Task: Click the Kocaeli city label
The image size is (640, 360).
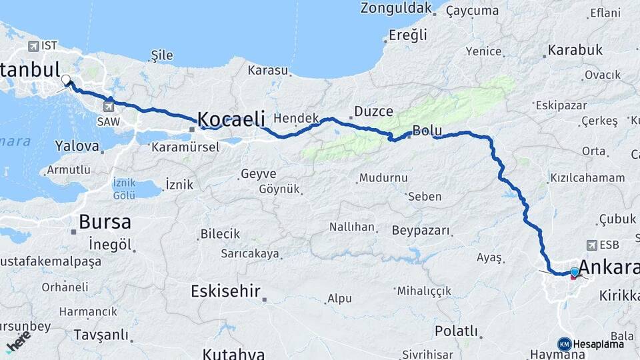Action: click(x=231, y=119)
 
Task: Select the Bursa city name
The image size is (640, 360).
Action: click(x=105, y=221)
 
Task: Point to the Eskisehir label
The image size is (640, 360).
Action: click(x=225, y=291)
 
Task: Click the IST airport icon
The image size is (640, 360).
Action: click(x=33, y=46)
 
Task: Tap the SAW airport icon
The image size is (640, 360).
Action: click(x=108, y=105)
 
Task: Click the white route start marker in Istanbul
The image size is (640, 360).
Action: click(x=66, y=81)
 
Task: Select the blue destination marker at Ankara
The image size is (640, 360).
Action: click(x=574, y=271)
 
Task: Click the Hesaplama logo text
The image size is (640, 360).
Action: click(x=599, y=344)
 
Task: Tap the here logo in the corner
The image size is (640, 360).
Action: click(x=18, y=340)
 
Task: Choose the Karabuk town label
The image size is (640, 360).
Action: click(x=575, y=50)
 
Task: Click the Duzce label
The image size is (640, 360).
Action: click(x=373, y=111)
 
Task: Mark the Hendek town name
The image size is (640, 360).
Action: click(x=297, y=117)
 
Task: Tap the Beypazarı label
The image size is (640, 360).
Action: click(x=421, y=231)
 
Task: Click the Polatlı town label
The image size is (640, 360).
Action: click(x=457, y=331)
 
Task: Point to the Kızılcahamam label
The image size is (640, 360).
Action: click(x=587, y=178)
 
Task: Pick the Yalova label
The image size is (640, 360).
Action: click(x=77, y=145)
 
